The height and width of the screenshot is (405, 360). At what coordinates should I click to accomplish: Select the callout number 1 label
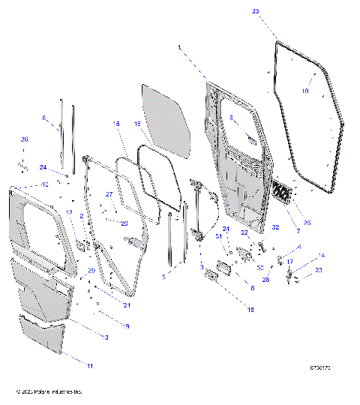click(179, 47)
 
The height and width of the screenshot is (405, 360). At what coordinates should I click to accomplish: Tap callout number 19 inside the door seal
click(304, 91)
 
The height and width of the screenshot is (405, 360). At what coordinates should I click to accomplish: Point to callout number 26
click(24, 139)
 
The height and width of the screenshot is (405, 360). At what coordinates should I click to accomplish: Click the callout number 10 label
click(45, 184)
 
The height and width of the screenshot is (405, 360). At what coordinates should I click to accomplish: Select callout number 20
click(124, 223)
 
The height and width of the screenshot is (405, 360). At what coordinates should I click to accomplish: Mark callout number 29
click(92, 271)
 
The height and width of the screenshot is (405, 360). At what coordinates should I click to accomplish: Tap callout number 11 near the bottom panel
click(90, 365)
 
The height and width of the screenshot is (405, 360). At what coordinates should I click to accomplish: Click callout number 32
click(275, 226)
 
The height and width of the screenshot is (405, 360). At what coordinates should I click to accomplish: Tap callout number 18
click(228, 310)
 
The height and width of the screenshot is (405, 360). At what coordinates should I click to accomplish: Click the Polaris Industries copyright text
click(49, 391)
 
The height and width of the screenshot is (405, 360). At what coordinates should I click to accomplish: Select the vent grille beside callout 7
click(286, 192)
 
